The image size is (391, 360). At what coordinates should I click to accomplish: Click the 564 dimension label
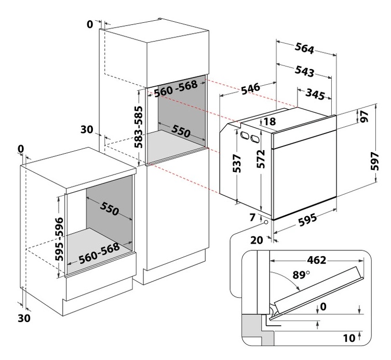click(x=304, y=48)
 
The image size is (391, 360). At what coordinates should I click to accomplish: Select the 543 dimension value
click(x=304, y=71)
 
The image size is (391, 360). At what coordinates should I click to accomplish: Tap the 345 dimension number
click(x=315, y=94)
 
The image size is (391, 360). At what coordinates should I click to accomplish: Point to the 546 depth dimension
click(x=251, y=89)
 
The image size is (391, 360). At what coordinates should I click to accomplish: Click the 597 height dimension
click(x=374, y=162)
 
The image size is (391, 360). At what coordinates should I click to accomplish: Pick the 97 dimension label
click(x=364, y=116)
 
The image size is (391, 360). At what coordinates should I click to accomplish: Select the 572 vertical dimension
click(x=261, y=159)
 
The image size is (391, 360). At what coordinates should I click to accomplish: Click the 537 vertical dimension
click(x=237, y=164)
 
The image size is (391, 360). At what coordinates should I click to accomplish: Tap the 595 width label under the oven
click(x=307, y=220)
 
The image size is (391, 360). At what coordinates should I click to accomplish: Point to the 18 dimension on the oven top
click(x=269, y=122)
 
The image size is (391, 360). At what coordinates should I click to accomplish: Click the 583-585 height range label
click(x=139, y=127)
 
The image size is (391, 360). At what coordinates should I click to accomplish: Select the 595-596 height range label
click(x=59, y=239)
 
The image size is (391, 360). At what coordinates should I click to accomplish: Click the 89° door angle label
click(x=301, y=275)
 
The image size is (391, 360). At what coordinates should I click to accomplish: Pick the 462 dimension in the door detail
click(x=316, y=260)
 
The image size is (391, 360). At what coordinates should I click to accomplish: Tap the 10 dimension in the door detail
click(x=349, y=338)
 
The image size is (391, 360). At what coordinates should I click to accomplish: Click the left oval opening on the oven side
click(x=244, y=136)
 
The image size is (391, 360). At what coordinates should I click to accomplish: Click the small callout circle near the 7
click(x=266, y=222)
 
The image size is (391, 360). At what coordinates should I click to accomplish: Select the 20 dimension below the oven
click(x=257, y=240)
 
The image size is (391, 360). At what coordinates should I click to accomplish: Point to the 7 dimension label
click(x=252, y=218)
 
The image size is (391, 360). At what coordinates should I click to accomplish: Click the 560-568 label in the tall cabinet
click(x=176, y=89)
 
